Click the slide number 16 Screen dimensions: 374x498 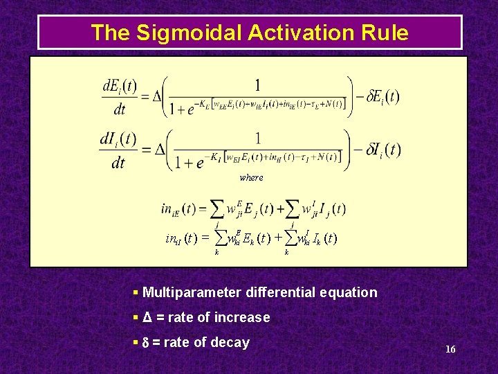click(x=450, y=349)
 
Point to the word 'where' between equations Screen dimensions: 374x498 click(x=251, y=178)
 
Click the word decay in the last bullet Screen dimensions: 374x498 click(x=231, y=342)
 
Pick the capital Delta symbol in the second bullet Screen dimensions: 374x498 click(x=147, y=317)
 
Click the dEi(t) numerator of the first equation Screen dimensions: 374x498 click(x=120, y=87)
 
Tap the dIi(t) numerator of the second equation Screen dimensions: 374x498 click(x=118, y=139)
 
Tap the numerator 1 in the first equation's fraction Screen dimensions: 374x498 click(x=257, y=85)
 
